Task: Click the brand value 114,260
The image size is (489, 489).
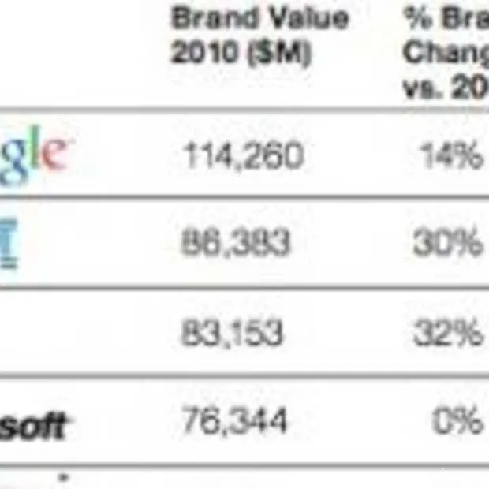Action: click(x=243, y=155)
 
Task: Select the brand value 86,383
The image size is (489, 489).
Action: click(x=235, y=243)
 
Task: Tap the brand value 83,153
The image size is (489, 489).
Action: click(x=232, y=332)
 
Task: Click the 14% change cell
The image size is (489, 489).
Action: click(x=451, y=155)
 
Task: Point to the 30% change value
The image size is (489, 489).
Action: click(x=447, y=243)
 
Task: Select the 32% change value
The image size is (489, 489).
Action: click(x=447, y=332)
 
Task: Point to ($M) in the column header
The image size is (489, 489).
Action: click(x=278, y=54)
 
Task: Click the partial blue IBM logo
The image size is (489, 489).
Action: click(x=9, y=243)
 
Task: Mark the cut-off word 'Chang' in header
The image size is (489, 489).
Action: click(x=446, y=54)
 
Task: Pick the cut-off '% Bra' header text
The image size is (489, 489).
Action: click(x=447, y=18)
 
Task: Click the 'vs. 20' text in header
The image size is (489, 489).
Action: click(x=446, y=88)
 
